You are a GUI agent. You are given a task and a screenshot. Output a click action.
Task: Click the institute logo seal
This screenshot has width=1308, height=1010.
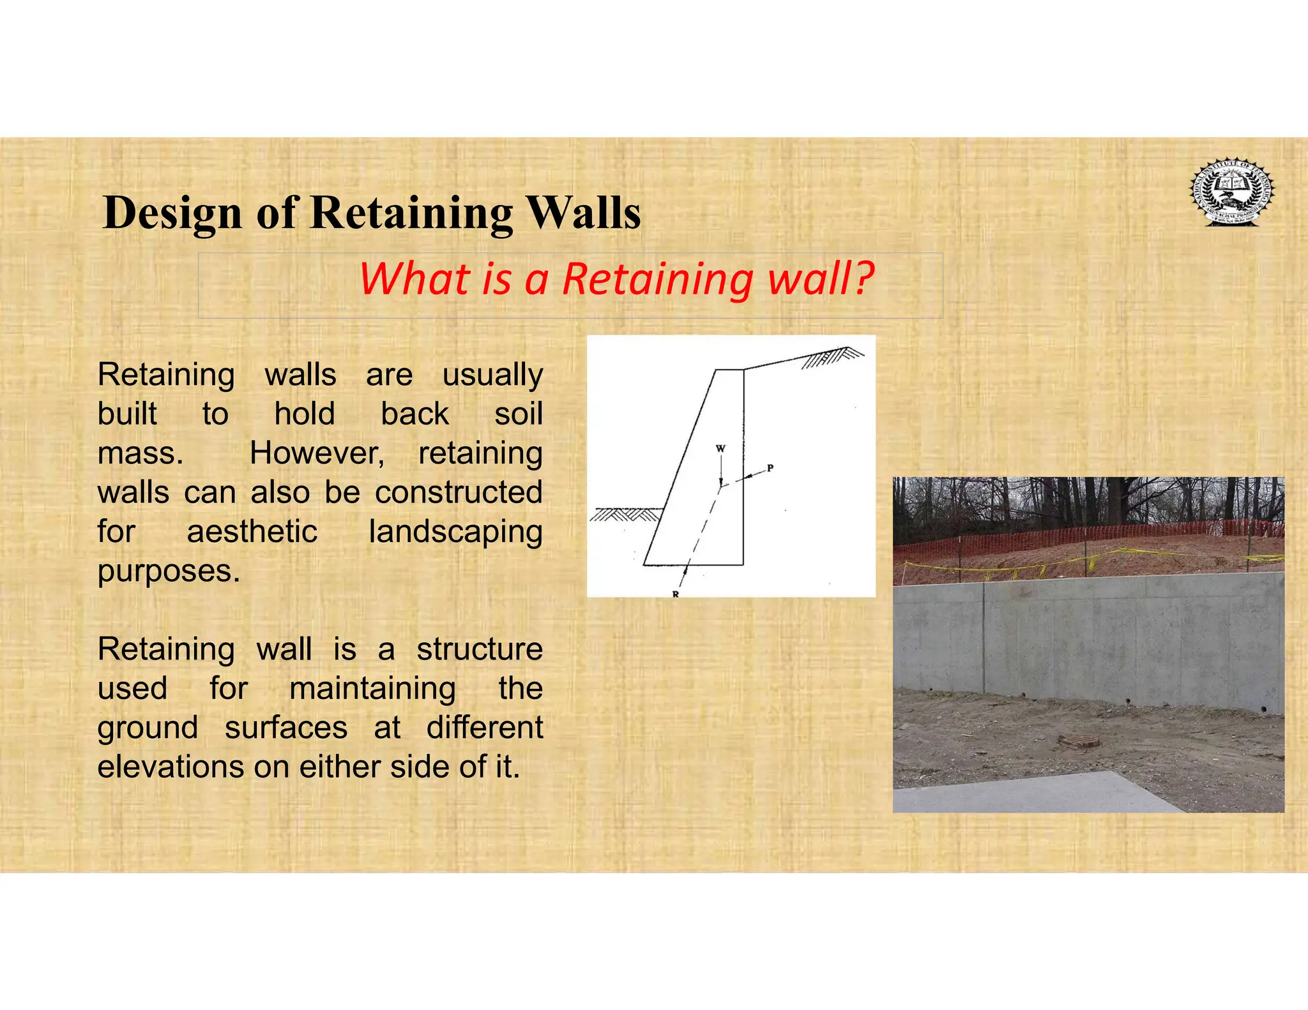point(1231,192)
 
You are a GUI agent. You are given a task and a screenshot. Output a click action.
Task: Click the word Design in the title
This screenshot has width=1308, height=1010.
point(172,213)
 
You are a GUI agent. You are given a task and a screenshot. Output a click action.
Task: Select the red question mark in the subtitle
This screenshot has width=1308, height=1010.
point(863,278)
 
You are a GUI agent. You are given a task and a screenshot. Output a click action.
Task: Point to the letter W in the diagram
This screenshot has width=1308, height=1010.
point(720,448)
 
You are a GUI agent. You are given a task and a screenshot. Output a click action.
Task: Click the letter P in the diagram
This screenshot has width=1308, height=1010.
point(770,468)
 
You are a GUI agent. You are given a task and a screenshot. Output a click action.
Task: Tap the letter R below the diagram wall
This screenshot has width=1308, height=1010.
point(675,594)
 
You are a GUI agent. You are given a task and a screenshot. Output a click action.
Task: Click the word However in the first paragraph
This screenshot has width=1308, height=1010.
point(317,453)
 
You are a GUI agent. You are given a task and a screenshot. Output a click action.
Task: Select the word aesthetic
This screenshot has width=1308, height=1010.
point(252,532)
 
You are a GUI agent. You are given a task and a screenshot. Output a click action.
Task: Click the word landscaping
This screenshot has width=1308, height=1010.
point(455,532)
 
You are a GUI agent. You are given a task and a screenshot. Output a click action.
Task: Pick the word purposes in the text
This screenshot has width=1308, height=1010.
point(168,571)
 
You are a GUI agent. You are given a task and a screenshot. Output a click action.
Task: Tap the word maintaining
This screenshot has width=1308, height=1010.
point(372,689)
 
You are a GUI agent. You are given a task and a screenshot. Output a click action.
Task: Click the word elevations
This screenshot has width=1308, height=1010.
point(169,767)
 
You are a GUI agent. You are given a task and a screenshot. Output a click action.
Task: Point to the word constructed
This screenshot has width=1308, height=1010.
point(458,493)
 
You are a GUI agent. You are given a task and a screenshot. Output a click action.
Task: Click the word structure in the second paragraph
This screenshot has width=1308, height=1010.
point(479,649)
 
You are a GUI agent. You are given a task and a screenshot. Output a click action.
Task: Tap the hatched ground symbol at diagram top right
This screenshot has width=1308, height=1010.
point(830,358)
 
